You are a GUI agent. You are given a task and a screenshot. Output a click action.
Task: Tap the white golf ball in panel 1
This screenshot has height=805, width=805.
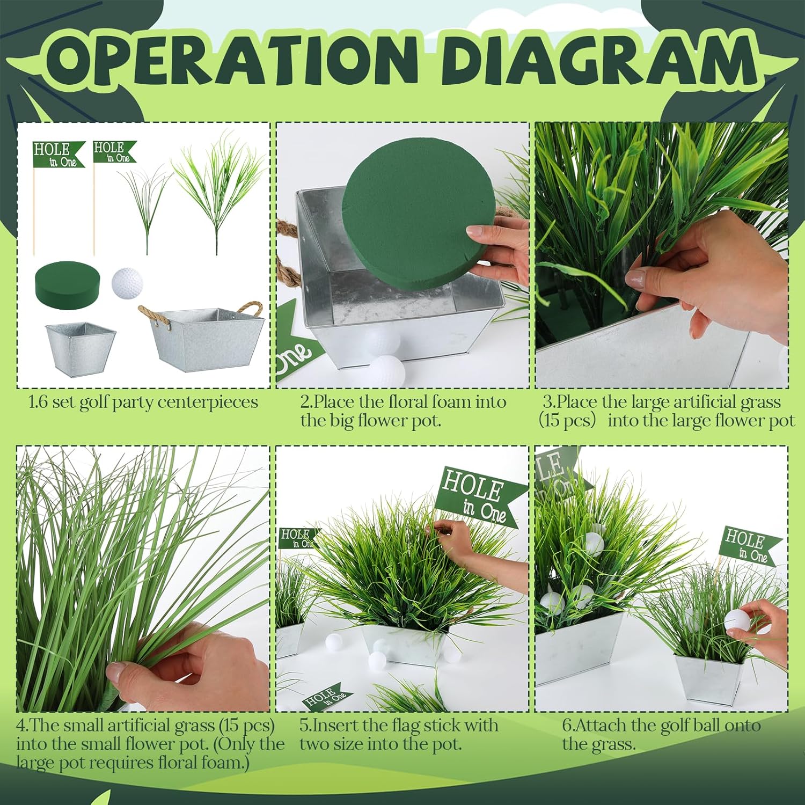tap(127, 282)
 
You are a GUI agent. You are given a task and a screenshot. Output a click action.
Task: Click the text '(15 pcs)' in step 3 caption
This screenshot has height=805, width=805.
tap(567, 420)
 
